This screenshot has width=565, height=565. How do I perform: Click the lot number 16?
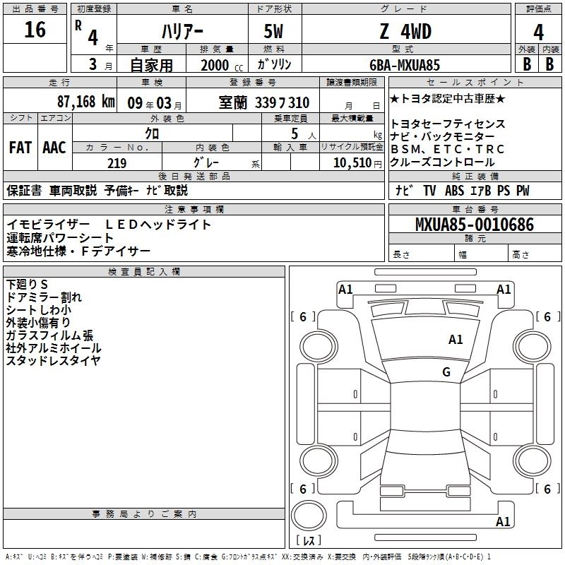[x=35, y=30]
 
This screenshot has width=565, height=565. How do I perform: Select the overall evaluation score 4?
[x=538, y=32]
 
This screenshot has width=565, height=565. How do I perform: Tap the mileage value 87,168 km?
[x=85, y=102]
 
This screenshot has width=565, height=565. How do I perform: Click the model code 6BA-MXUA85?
[x=405, y=65]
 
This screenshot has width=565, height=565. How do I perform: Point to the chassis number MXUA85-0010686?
[x=475, y=225]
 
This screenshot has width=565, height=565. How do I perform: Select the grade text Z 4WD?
[x=405, y=31]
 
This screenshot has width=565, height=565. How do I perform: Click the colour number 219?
[x=117, y=163]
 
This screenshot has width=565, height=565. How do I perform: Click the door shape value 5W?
[x=273, y=31]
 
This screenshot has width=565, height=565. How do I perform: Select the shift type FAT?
[x=20, y=148]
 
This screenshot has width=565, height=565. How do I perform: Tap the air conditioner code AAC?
[x=54, y=148]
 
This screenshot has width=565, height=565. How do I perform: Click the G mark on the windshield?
[x=446, y=371]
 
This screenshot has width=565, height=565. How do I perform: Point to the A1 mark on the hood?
[x=456, y=339]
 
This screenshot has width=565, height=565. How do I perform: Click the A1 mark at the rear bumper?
[x=503, y=521]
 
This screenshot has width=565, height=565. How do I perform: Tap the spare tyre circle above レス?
[x=309, y=516]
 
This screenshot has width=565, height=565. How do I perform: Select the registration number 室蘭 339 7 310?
[x=263, y=102]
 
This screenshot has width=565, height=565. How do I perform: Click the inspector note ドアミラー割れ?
[x=44, y=297]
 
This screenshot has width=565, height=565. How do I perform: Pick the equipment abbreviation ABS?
[x=454, y=190]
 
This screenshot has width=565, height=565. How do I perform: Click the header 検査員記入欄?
[x=144, y=272]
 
